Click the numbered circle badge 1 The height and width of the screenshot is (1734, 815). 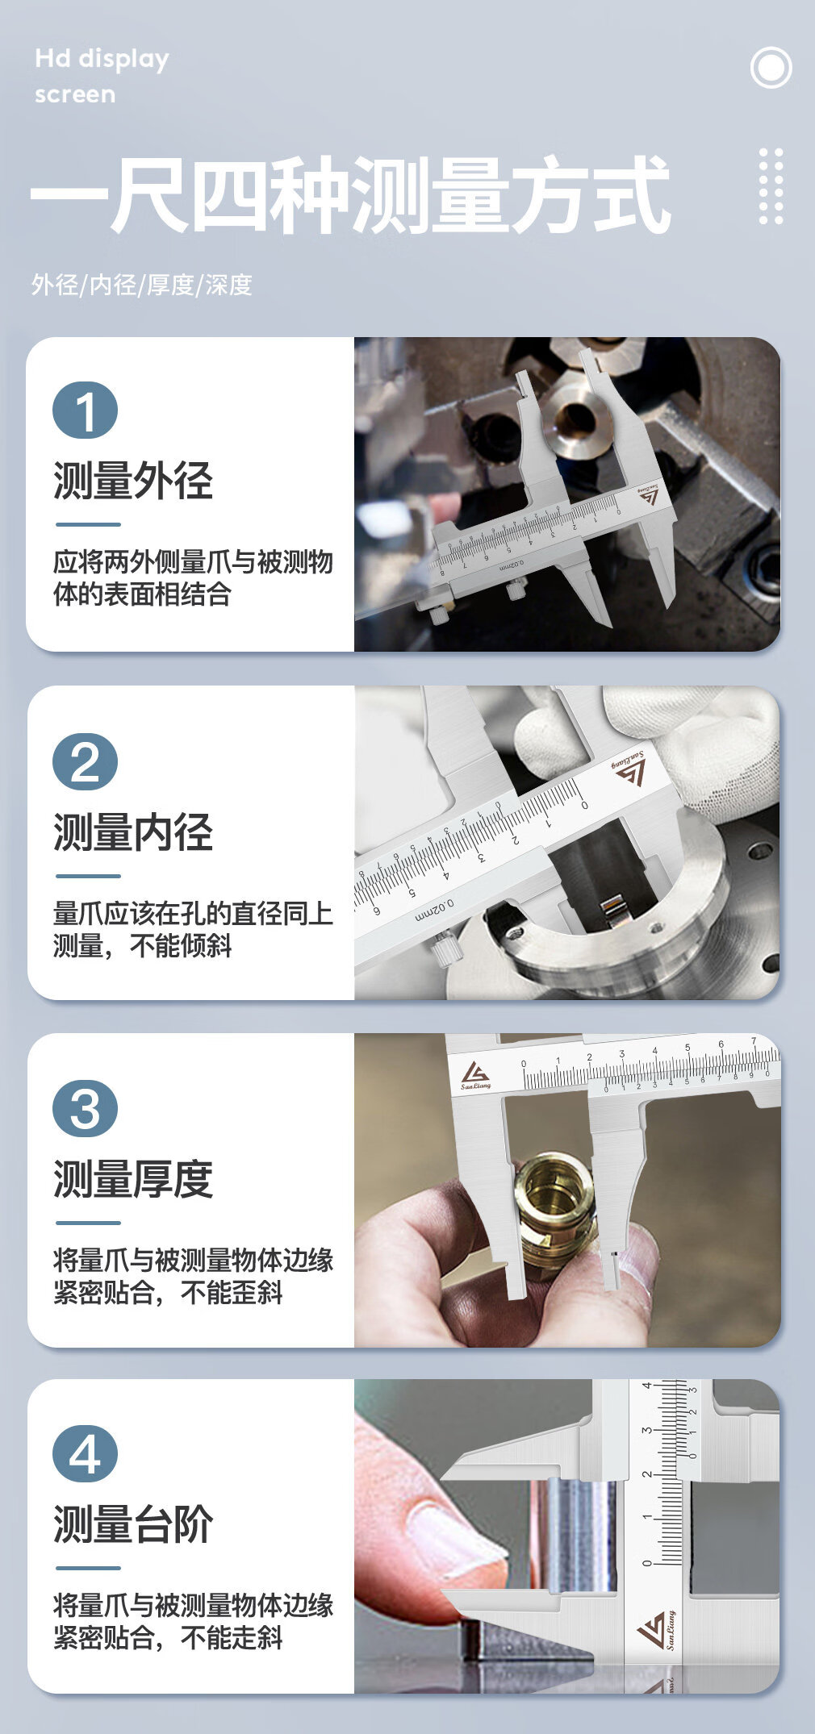tap(85, 411)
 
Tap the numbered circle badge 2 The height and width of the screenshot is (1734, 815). tap(85, 762)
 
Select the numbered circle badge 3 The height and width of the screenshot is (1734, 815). tap(85, 1109)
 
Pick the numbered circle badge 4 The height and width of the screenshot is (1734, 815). tap(85, 1454)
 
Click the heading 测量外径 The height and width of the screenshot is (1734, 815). tap(133, 481)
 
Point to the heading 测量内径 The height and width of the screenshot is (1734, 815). tap(133, 832)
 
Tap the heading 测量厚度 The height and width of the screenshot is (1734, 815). tap(133, 1179)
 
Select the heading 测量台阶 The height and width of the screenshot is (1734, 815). tap(133, 1524)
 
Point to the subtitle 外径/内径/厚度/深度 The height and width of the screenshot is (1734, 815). tap(142, 285)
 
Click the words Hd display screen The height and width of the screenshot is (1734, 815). tap(102, 77)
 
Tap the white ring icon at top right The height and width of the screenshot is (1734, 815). tap(771, 68)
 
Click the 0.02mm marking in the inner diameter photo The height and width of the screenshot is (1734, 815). tap(435, 910)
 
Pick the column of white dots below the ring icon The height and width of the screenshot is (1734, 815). tap(771, 186)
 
